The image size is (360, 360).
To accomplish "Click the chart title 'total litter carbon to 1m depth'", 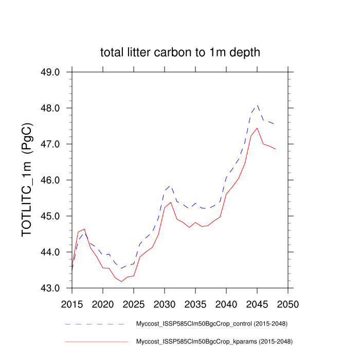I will point(180,52).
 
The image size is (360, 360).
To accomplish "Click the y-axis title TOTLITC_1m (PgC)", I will point(28,179).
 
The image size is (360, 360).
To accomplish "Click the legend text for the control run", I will point(211,324).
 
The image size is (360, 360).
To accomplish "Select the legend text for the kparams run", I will point(213,341).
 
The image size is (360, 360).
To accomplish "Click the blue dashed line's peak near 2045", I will point(257,105).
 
